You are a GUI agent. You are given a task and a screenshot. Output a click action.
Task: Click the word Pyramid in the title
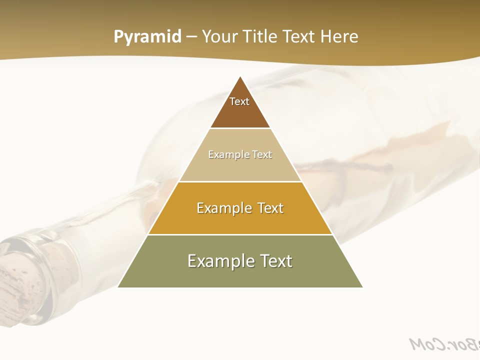coord(147,37)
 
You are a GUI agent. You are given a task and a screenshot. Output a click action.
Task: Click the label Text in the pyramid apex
coord(239,101)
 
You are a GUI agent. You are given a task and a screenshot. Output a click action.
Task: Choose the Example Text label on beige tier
coord(240,154)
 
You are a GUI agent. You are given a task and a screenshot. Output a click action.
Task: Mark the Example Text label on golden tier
coord(240,208)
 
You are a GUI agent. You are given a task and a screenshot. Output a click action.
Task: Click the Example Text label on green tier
coord(240,261)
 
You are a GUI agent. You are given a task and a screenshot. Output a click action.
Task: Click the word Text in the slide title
coord(300,37)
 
